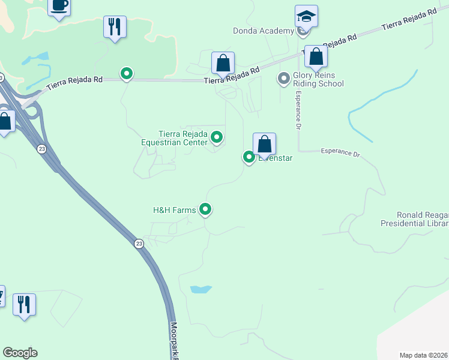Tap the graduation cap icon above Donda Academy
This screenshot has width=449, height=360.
pos(306,17)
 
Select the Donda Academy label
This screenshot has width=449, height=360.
pos(264,31)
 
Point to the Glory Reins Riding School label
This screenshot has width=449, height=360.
pos(318,80)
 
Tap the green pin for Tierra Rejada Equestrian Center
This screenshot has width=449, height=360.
pos(217,138)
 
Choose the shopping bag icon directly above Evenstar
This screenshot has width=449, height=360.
pos(264,145)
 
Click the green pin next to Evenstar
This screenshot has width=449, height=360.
pos(249,157)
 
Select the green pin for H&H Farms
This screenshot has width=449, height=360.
pos(205,209)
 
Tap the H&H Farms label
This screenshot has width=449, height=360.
pos(175,210)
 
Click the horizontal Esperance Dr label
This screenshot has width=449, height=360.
pos(340,153)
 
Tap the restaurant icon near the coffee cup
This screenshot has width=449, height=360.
pos(115,27)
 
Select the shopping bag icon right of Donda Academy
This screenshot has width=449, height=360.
pos(316,57)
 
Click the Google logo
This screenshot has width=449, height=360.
pos(20,353)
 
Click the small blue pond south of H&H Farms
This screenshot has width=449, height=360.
pos(201,289)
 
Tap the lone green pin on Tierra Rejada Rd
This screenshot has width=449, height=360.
pos(127,74)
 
